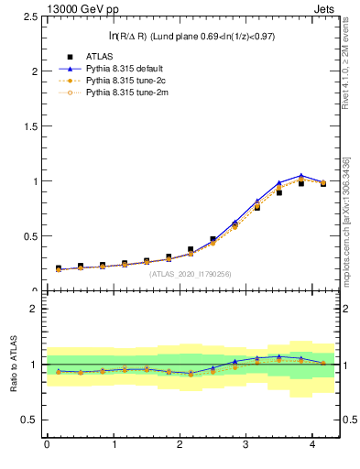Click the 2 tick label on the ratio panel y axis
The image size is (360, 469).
[34, 309]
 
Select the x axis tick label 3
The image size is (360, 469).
[246, 444]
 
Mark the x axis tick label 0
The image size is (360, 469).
[47, 444]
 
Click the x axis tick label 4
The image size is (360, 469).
[313, 444]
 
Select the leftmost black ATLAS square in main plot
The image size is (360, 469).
[58, 268]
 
